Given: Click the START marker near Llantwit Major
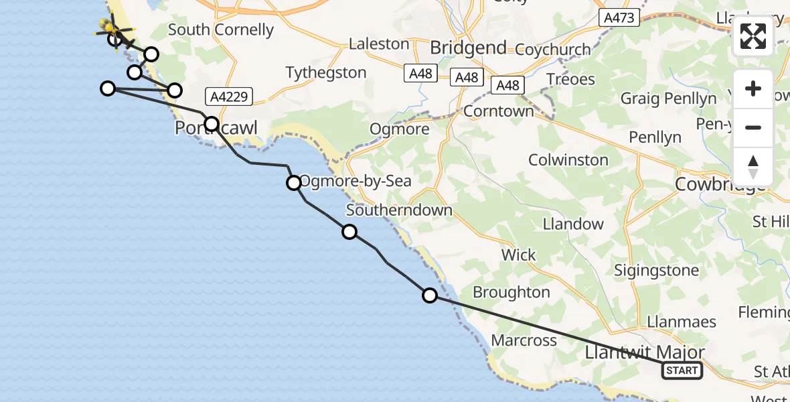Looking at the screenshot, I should tap(682, 370).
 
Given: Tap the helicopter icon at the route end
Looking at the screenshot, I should tap(110, 29).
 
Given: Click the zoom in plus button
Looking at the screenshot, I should tap(753, 89).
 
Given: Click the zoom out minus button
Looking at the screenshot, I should tap(753, 127).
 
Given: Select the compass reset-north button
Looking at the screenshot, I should tap(753, 166).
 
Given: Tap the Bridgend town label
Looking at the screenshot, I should tap(468, 48).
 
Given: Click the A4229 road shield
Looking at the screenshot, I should tap(229, 97).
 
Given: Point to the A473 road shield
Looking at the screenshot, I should tap(619, 18).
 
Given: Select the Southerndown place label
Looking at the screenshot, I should tap(399, 210).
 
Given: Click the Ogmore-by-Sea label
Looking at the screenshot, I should tap(355, 181).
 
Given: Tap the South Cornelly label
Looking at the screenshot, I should tap(220, 30).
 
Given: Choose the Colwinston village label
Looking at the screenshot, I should tap(568, 160).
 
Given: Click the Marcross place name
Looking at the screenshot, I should tap(524, 340).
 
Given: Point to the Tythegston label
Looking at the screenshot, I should tap(326, 72).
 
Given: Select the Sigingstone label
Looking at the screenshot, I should tap(657, 271).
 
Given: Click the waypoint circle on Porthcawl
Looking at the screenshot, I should tap(212, 123).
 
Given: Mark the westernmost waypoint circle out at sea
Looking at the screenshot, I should tap(108, 88).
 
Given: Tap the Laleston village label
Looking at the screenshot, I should tap(379, 44).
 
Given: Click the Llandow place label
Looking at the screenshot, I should tap(573, 224).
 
